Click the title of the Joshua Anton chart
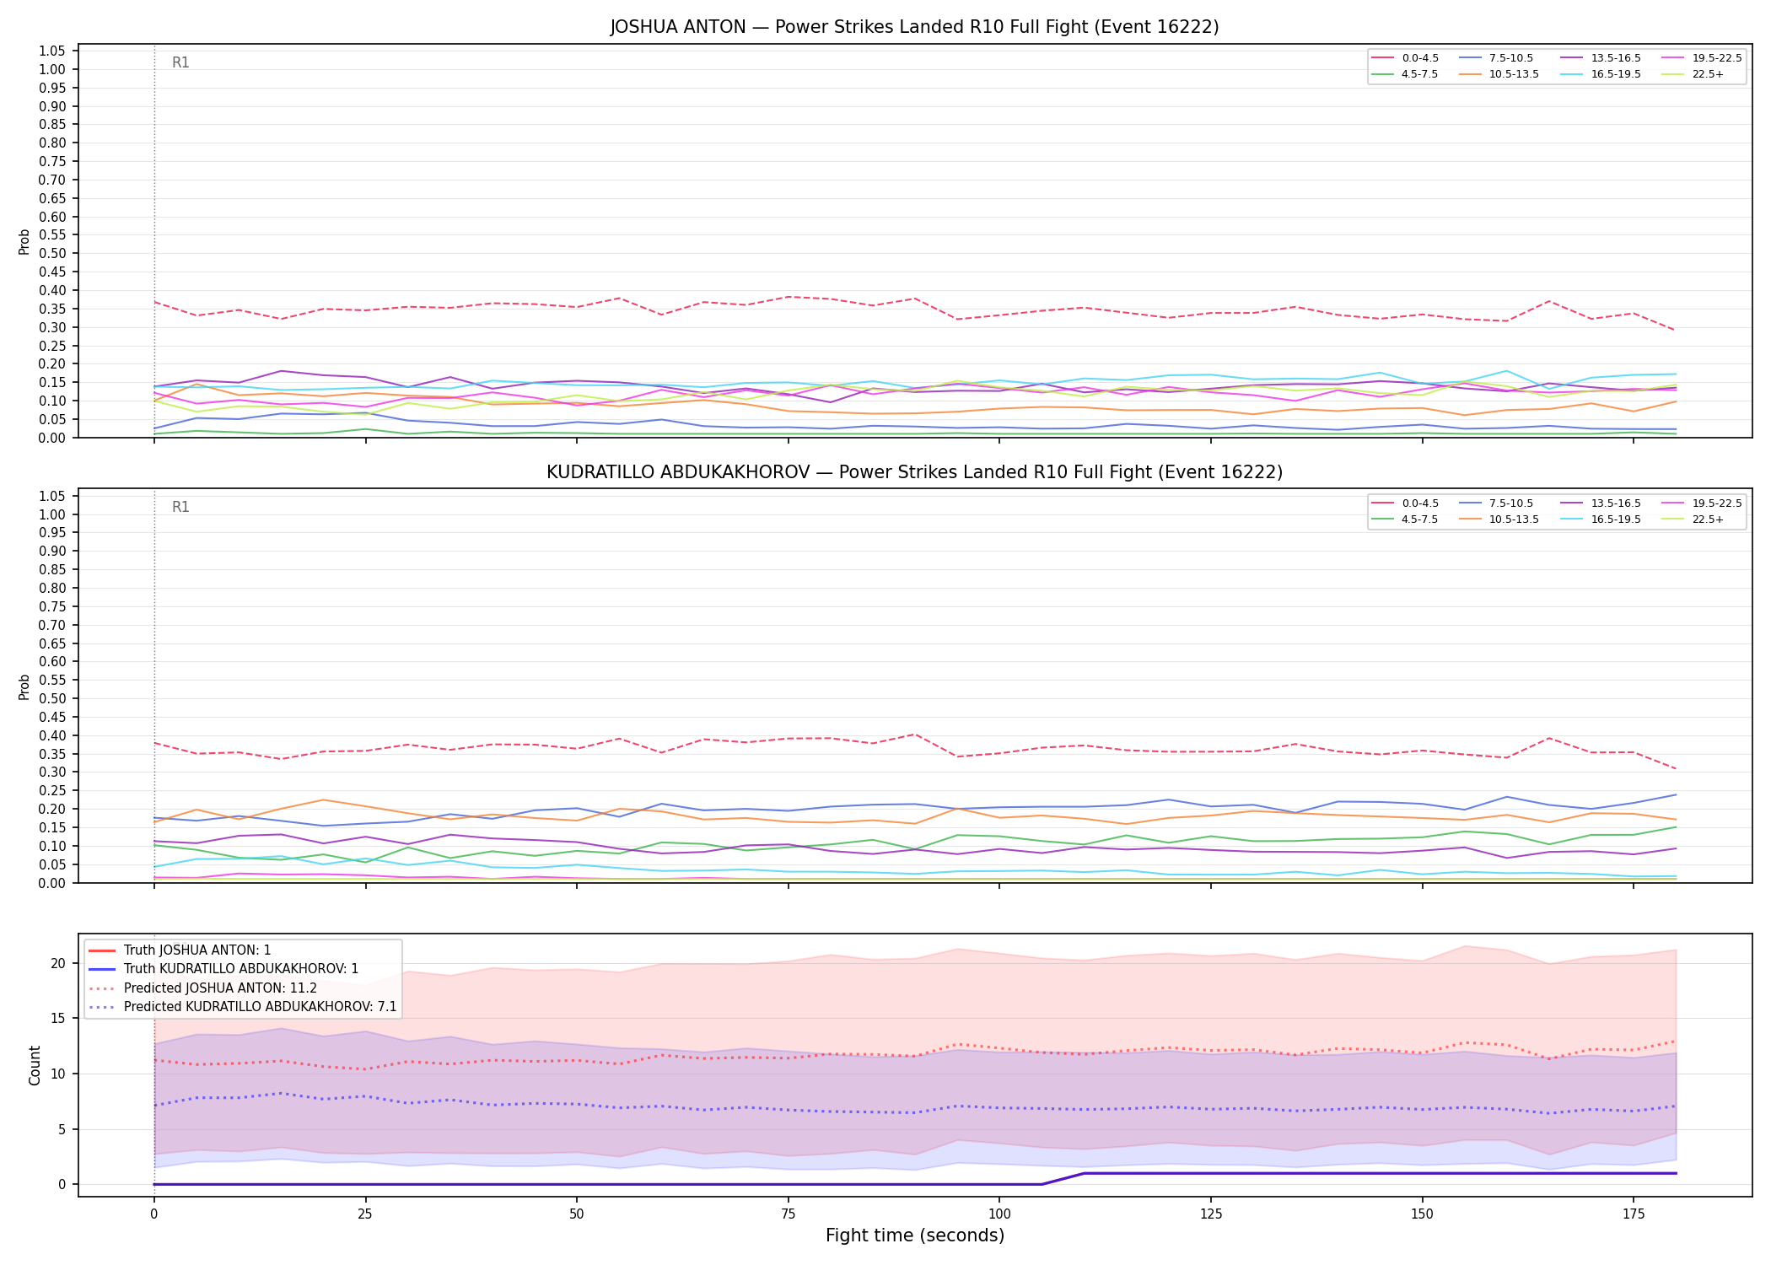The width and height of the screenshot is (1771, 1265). [x=914, y=27]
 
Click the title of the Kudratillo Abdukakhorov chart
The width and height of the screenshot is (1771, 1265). [x=914, y=472]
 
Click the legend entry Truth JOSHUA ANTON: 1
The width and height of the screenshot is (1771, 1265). [x=180, y=950]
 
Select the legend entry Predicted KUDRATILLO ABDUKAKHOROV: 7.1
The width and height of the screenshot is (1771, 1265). [x=243, y=1007]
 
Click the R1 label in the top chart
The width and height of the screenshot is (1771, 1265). [x=180, y=62]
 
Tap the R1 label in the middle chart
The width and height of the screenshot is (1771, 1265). [x=180, y=507]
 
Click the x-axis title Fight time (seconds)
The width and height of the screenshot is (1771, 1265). [x=915, y=1235]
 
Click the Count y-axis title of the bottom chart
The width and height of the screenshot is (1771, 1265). [x=35, y=1065]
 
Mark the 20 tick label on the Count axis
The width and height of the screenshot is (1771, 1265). [x=58, y=963]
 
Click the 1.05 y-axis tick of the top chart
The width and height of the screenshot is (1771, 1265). [x=52, y=51]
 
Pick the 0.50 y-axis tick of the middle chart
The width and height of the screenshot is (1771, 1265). [x=52, y=698]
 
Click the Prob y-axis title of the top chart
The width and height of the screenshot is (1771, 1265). [x=24, y=242]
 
